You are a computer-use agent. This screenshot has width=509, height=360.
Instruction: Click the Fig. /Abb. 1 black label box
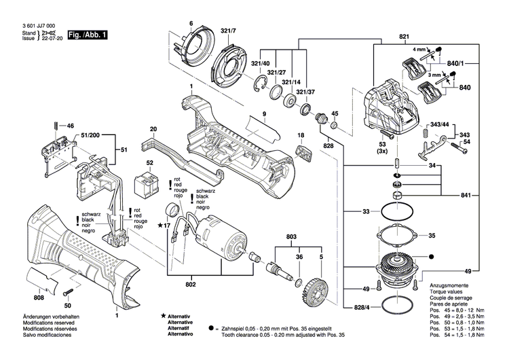pyautogui.click(x=89, y=34)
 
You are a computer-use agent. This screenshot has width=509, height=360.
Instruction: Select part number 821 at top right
pyautogui.click(x=404, y=36)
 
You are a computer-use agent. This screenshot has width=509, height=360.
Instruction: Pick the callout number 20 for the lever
pyautogui.click(x=153, y=129)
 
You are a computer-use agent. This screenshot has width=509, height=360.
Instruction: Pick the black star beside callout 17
pyautogui.click(x=160, y=225)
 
